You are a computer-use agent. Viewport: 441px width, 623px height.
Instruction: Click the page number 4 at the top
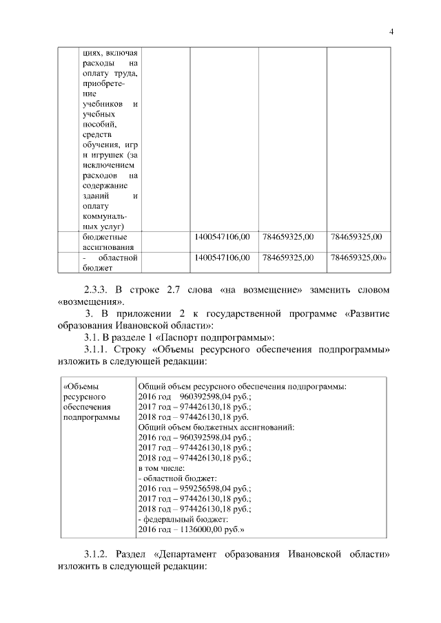[391, 31]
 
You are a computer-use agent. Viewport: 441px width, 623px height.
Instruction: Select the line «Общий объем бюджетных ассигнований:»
[216, 427]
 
